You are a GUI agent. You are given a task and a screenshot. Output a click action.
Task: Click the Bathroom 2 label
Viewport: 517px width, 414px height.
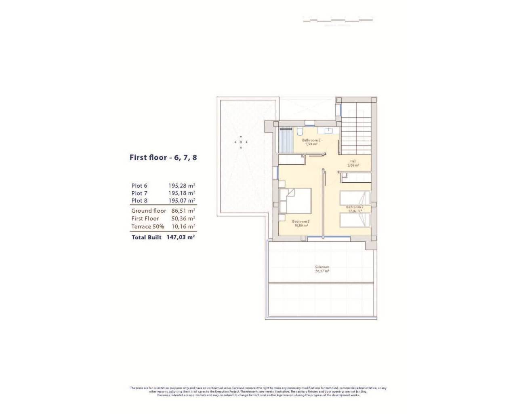pyautogui.click(x=311, y=142)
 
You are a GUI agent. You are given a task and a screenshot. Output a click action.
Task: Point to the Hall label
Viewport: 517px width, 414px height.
pyautogui.click(x=353, y=163)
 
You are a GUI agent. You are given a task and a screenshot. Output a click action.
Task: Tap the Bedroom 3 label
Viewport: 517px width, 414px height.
pyautogui.click(x=301, y=223)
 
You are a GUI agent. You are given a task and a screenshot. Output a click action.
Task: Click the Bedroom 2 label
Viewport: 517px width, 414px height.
pyautogui.click(x=355, y=209)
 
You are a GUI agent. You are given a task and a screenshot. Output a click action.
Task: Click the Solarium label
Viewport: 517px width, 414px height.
pyautogui.click(x=322, y=269)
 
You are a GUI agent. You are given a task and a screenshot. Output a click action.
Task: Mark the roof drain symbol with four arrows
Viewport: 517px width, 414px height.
pyautogui.click(x=241, y=142)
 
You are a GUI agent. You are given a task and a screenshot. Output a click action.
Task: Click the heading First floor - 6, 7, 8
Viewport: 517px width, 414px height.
pyautogui.click(x=163, y=158)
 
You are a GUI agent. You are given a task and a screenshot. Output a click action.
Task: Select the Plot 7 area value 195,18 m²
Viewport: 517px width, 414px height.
pyautogui.click(x=182, y=193)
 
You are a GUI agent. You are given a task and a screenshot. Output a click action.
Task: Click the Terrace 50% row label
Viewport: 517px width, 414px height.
pyautogui.click(x=147, y=226)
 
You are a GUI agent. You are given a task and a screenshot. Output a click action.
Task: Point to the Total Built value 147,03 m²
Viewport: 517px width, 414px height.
pyautogui.click(x=181, y=237)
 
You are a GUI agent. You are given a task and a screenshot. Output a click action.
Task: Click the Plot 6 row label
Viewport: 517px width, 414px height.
pyautogui.click(x=139, y=186)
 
